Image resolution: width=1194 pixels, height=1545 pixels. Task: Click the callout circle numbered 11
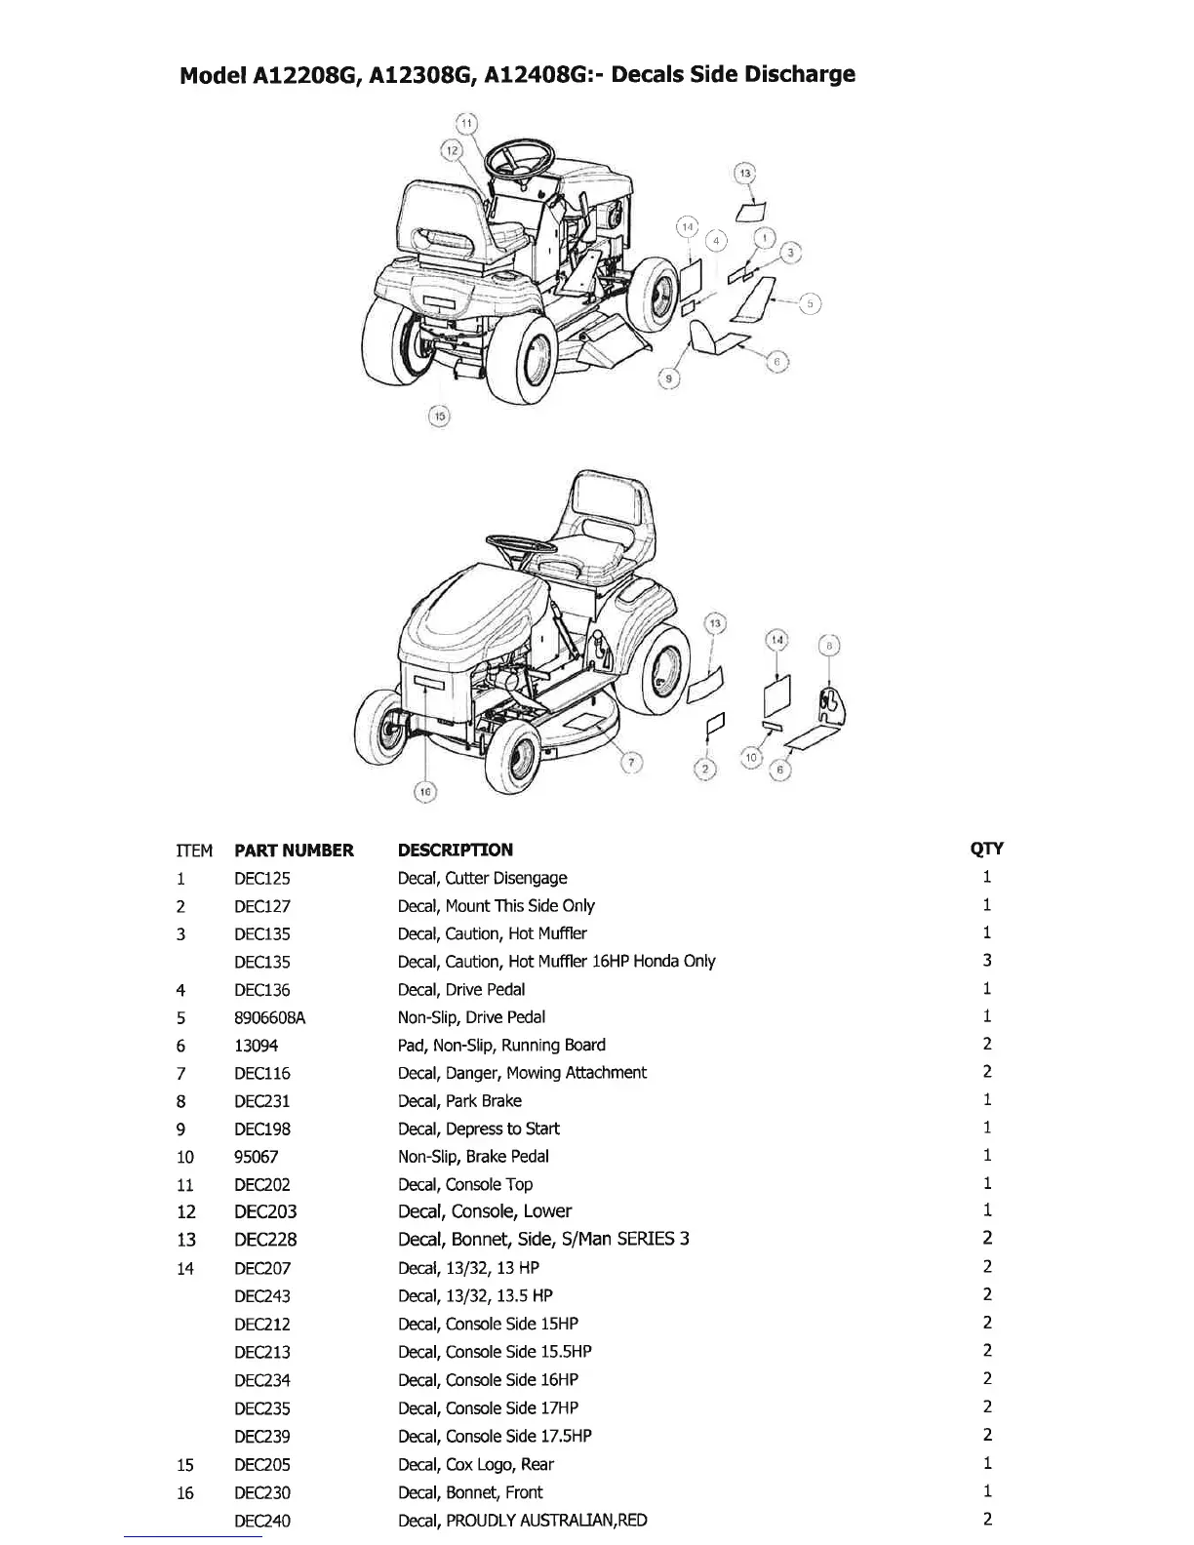[x=466, y=124]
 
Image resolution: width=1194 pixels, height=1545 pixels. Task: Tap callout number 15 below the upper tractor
[x=439, y=416]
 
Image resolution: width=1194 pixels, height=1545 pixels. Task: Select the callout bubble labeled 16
[x=425, y=792]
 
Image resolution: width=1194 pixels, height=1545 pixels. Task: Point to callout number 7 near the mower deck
[x=632, y=763]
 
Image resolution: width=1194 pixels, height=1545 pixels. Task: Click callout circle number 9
[x=668, y=379]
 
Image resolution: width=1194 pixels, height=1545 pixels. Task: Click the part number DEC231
[x=262, y=1101]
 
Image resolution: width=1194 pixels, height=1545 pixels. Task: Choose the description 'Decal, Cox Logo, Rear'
[x=475, y=1464]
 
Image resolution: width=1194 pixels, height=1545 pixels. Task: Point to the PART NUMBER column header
[x=294, y=851]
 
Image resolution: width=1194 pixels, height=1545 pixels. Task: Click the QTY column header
[x=986, y=849]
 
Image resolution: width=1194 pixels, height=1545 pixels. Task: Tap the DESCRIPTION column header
[x=455, y=850]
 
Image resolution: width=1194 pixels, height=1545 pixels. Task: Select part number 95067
[x=257, y=1157]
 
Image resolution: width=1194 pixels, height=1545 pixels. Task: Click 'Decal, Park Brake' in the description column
[x=459, y=1101]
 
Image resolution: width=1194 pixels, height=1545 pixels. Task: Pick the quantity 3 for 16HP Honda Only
[x=987, y=961]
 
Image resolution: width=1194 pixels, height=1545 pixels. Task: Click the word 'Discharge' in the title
[x=799, y=74]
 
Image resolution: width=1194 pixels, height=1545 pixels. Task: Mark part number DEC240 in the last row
[x=262, y=1521]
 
